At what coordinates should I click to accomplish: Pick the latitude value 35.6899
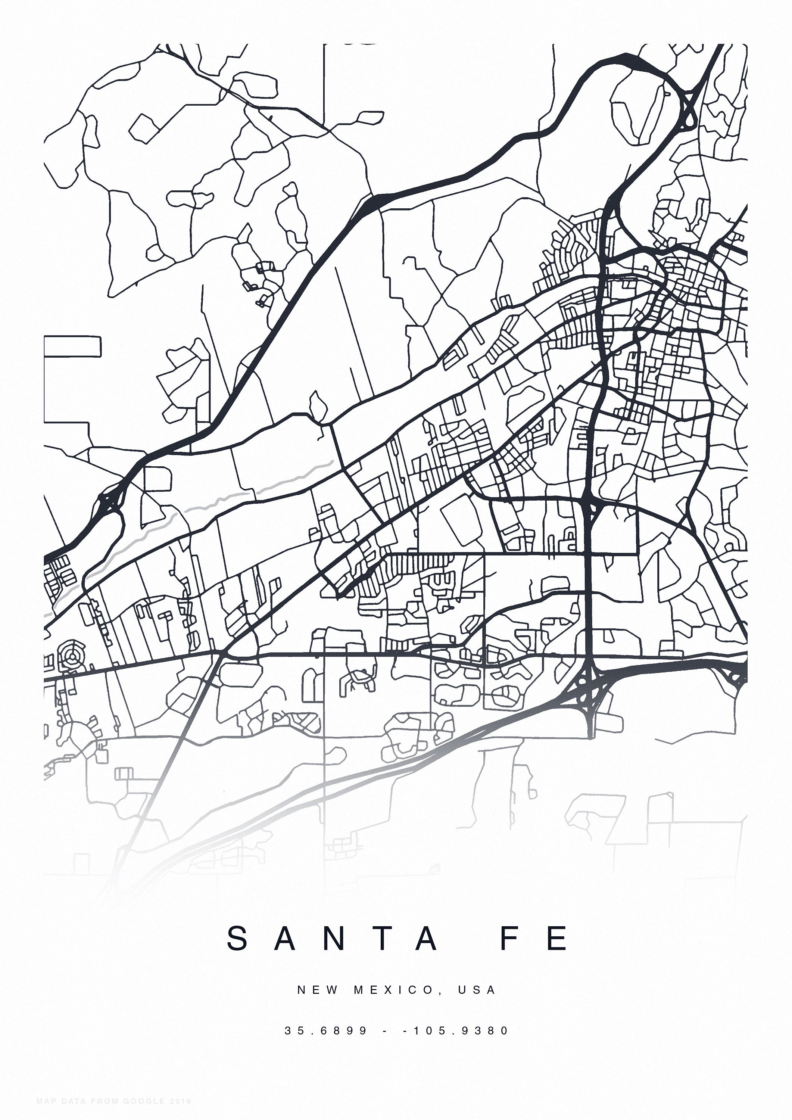click(x=326, y=1031)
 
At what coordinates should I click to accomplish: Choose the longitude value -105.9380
click(x=456, y=1031)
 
